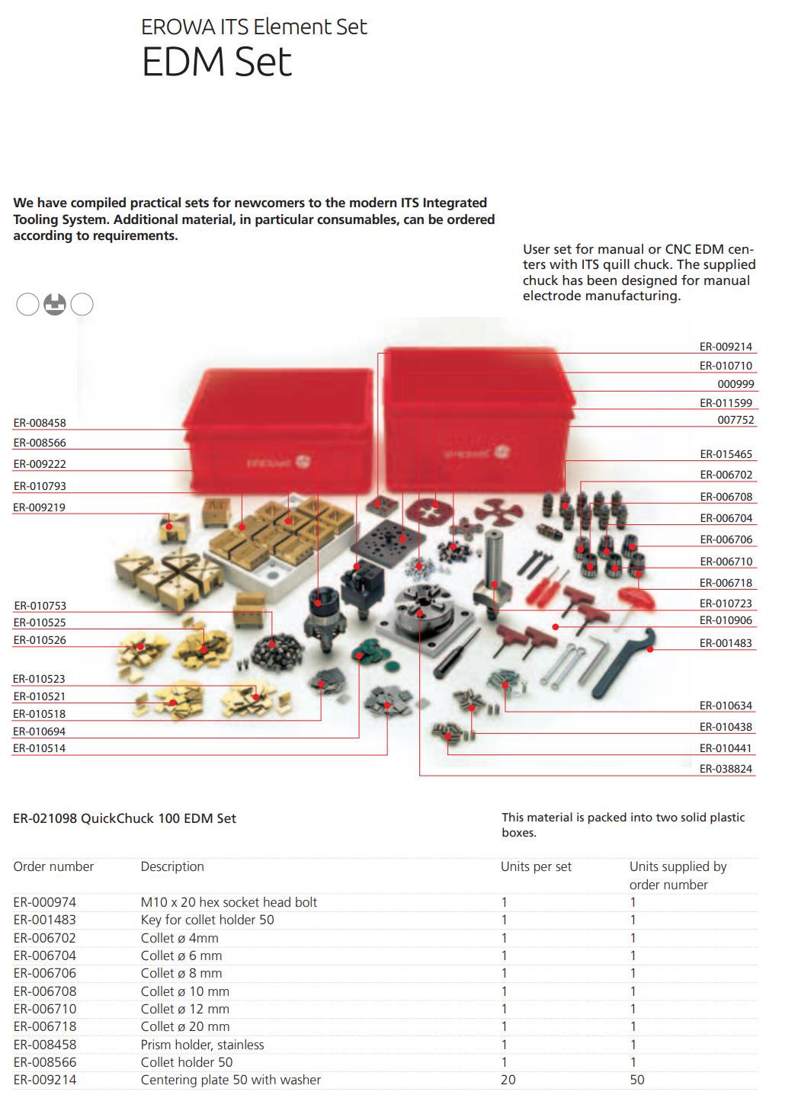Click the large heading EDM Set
click(216, 62)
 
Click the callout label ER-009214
click(726, 347)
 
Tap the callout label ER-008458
click(40, 423)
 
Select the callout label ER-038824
click(726, 769)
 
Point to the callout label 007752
click(736, 420)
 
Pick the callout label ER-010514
click(40, 748)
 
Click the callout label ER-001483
click(726, 643)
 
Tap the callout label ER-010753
click(40, 606)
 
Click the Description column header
click(172, 866)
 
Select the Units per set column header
click(536, 866)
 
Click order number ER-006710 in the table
click(45, 1009)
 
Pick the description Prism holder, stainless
click(202, 1045)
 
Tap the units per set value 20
click(508, 1080)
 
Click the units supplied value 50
click(636, 1080)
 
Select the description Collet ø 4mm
click(179, 938)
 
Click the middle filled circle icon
click(55, 304)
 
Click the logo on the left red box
click(303, 461)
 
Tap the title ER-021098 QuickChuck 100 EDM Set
click(124, 818)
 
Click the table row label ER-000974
click(45, 902)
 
